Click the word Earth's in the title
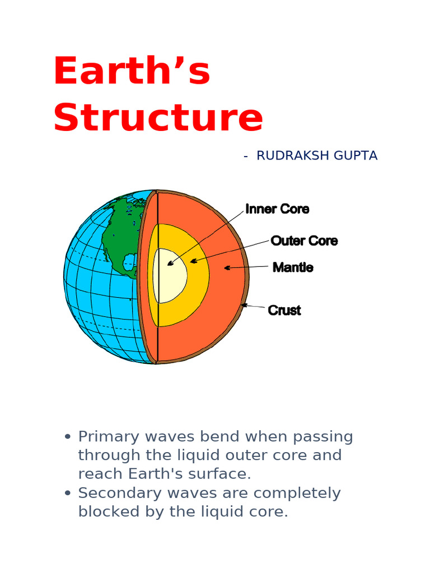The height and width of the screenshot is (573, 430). tap(132, 72)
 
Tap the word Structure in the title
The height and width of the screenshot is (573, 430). tap(158, 118)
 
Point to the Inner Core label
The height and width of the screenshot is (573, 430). tap(277, 209)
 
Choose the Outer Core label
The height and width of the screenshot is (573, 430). tap(304, 241)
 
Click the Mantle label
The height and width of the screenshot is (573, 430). tap(293, 267)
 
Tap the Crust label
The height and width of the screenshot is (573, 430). tap(284, 310)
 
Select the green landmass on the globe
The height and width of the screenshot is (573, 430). tap(120, 235)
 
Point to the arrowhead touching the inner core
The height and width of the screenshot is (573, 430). tap(170, 263)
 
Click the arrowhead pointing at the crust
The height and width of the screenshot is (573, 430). tap(244, 305)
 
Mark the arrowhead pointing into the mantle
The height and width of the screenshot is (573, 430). tap(227, 268)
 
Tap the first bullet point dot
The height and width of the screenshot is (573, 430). tap(68, 436)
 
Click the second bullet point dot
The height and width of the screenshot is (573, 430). tap(68, 493)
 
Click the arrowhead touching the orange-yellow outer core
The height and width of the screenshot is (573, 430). tap(193, 261)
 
